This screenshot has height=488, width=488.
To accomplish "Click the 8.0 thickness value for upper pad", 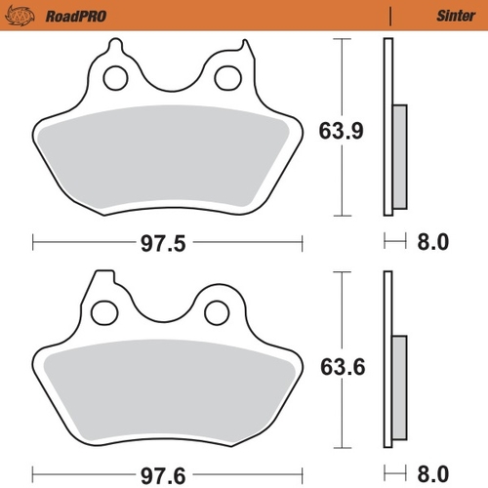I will coord(430,242).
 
